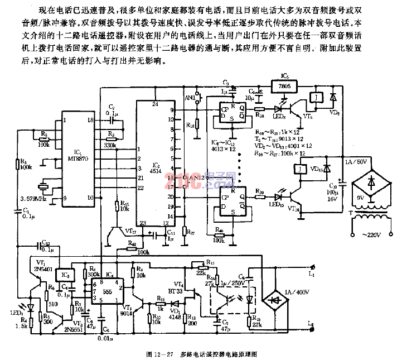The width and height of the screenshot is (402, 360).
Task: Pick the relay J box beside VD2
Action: [x=316, y=97]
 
